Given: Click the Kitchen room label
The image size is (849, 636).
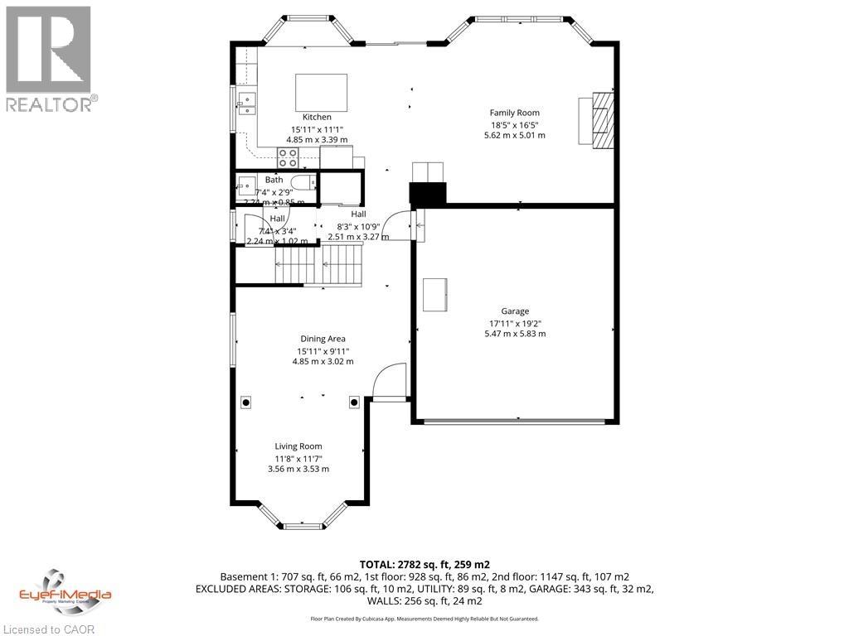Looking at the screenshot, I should click(317, 117).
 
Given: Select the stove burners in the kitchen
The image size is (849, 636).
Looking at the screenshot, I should click(288, 157).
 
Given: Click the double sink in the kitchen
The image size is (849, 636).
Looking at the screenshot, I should click(247, 103).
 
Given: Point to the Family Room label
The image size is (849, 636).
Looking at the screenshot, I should click(514, 113).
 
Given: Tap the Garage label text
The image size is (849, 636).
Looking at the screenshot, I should click(515, 311).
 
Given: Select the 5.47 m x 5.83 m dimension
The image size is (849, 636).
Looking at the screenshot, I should click(515, 334).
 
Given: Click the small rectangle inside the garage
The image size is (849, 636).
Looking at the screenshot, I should click(435, 295).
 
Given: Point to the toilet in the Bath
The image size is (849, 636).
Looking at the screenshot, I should click(303, 183).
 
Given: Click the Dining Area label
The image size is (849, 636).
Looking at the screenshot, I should click(323, 339).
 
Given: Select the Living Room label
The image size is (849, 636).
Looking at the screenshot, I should click(298, 446).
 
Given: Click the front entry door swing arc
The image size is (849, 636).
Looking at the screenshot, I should click(388, 380).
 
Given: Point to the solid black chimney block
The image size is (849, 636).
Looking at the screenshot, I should click(428, 193).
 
